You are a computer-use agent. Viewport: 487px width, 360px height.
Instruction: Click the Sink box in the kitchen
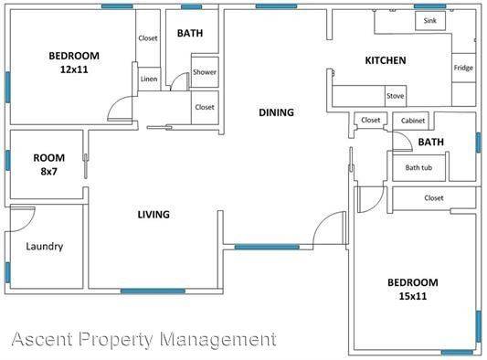[x=430, y=21]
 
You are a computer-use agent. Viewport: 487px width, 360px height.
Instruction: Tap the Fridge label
[x=463, y=68]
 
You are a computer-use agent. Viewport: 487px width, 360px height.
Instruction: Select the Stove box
[x=396, y=96]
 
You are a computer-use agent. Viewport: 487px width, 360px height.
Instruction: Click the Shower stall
[x=205, y=72]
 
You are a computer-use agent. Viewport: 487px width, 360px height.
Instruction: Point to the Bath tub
[x=419, y=168]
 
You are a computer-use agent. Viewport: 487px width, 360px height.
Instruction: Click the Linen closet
[x=149, y=79]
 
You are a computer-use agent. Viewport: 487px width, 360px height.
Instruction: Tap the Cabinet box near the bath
[x=410, y=121]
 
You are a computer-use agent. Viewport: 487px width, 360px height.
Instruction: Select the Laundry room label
[x=45, y=247]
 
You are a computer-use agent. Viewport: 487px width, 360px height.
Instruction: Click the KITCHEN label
[x=386, y=60]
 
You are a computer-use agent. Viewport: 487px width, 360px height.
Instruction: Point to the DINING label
[x=277, y=112]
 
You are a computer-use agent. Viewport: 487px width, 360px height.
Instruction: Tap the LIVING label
[x=154, y=215]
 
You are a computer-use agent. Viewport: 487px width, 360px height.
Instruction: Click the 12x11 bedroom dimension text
[x=74, y=69]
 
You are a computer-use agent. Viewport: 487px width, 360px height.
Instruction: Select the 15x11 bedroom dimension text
[x=413, y=296]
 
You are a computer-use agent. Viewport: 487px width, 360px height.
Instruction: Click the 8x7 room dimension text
[x=48, y=171]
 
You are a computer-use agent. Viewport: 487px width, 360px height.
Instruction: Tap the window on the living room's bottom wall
[x=153, y=291]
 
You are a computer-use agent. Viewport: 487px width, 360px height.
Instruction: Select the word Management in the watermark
[x=218, y=339]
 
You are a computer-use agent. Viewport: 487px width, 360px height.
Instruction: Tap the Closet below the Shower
[x=205, y=108]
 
